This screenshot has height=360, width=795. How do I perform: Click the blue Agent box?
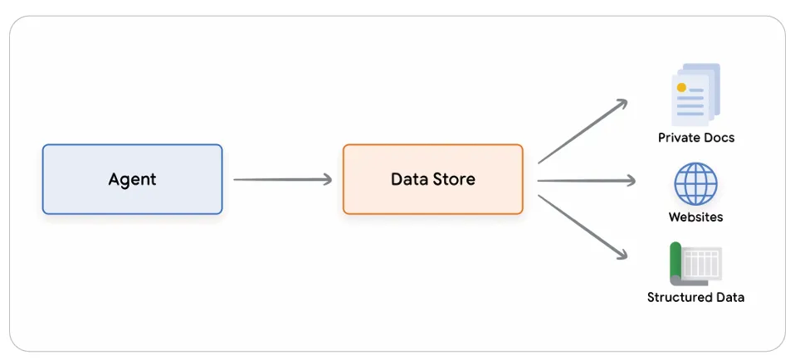click(132, 179)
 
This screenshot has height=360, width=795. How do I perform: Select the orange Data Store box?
click(433, 179)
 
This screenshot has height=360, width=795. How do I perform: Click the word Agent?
click(132, 179)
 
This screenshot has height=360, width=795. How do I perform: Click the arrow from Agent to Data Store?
click(282, 179)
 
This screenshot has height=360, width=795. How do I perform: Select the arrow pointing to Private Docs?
click(583, 131)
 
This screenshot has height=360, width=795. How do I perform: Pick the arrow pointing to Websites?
click(587, 180)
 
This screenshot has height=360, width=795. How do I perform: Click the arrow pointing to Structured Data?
click(583, 227)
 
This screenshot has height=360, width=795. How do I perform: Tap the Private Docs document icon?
click(695, 95)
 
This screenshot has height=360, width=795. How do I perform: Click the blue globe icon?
click(695, 183)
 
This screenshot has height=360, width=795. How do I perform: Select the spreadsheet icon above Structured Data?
click(695, 264)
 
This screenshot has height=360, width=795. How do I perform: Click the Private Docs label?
click(696, 138)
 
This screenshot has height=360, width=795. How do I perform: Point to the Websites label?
click(695, 217)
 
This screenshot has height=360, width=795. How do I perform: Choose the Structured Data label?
click(695, 297)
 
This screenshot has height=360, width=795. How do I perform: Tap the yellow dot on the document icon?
click(681, 88)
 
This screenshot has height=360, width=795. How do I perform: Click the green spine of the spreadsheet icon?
click(676, 262)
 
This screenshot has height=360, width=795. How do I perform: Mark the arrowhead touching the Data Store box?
click(327, 179)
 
